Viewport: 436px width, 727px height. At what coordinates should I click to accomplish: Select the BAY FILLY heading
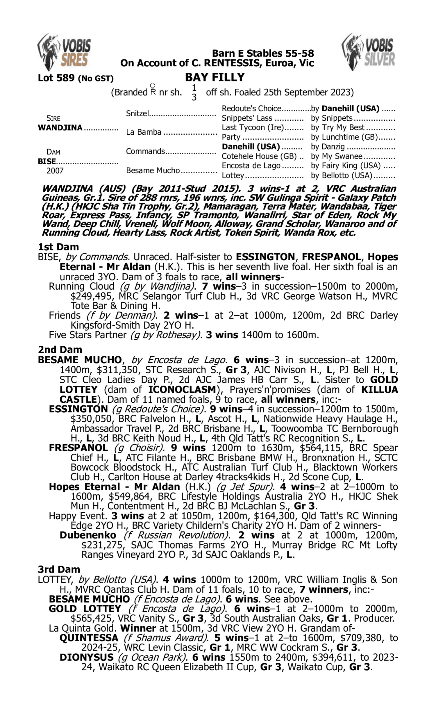click(215, 77)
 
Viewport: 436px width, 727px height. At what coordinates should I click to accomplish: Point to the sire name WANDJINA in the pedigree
click(60, 128)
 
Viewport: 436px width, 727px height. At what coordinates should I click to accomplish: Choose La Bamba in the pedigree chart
click(144, 132)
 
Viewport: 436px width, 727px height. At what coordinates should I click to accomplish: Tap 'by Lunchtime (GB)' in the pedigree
click(344, 137)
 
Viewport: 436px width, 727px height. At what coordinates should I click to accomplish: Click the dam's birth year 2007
click(55, 171)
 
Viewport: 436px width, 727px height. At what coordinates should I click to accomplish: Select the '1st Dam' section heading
click(58, 247)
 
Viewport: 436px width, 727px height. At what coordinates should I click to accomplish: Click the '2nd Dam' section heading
click(60, 350)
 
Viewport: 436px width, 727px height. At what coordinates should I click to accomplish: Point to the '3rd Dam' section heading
click(59, 569)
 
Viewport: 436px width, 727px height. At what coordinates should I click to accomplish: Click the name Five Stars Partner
click(87, 335)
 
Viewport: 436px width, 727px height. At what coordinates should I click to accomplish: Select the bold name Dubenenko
click(88, 535)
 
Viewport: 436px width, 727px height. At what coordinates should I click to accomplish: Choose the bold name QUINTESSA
click(89, 638)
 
